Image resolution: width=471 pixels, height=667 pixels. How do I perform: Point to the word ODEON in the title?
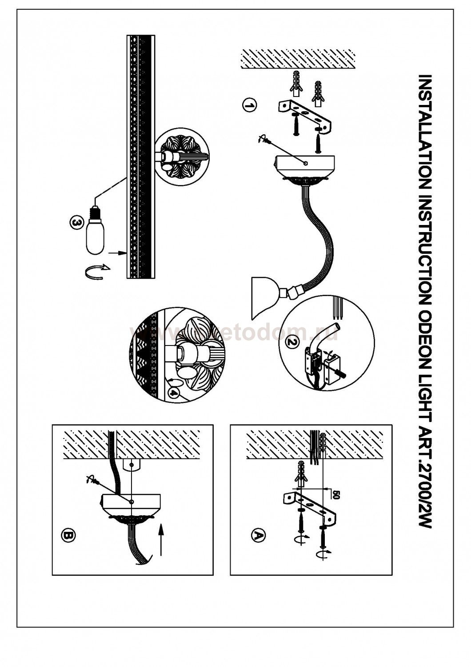(x=425, y=317)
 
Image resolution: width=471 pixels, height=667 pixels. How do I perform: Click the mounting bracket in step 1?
(x=306, y=117)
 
